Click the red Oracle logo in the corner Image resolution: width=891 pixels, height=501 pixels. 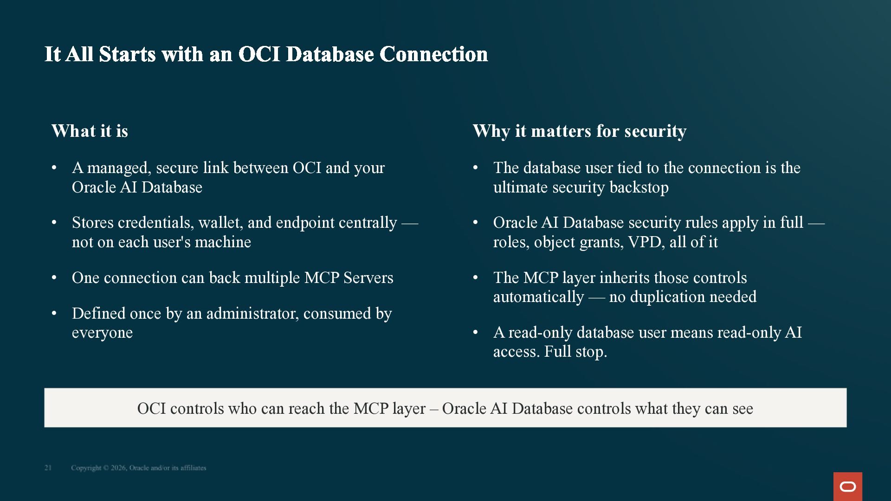[x=847, y=486]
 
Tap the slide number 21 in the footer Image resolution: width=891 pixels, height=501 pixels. [x=48, y=468]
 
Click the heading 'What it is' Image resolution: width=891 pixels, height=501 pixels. [x=90, y=131]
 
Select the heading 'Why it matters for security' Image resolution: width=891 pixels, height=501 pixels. [x=580, y=131]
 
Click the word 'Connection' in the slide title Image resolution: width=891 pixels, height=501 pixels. [x=434, y=54]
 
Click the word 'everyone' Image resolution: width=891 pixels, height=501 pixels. [x=102, y=333]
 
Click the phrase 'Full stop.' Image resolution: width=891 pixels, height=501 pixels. [x=575, y=352]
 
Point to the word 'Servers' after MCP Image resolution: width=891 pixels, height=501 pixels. [x=368, y=278]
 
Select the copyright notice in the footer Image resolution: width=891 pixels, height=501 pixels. [x=138, y=468]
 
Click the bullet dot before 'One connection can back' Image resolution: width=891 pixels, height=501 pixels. [x=54, y=278]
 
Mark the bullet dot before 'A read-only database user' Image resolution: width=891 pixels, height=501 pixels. [x=476, y=333]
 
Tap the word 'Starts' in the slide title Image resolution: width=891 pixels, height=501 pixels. [x=127, y=54]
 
